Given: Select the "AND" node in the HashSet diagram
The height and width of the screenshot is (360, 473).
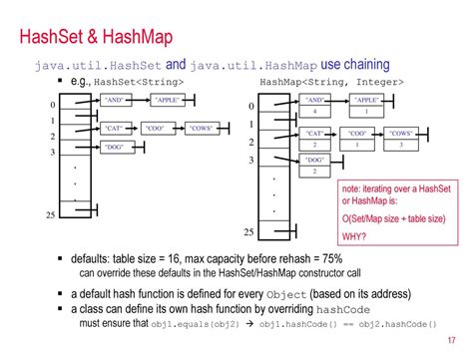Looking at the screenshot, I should click(x=116, y=101).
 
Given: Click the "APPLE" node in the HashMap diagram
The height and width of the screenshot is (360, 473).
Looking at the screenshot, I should click(x=366, y=101).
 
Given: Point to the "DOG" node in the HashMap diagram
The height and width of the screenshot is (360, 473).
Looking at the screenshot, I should click(x=315, y=160).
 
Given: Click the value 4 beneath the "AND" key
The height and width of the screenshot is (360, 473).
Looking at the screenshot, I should click(x=315, y=113).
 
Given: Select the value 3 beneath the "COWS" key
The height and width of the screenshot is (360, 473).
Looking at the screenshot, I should click(x=401, y=145).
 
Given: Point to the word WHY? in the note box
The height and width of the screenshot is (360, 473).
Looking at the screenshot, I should click(x=355, y=236).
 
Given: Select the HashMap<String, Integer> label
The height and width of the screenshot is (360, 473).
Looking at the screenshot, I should click(x=331, y=82).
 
